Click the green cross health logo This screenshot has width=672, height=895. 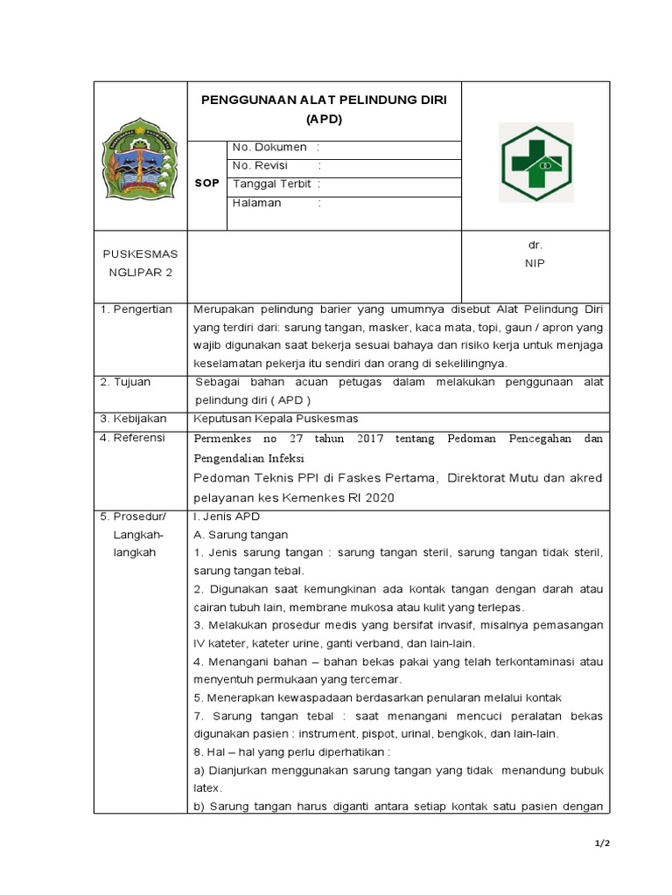[x=535, y=163]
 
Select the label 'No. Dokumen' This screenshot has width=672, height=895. [x=269, y=148]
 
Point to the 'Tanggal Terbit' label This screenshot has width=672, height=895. [x=272, y=184]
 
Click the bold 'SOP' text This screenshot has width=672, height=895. [x=206, y=184]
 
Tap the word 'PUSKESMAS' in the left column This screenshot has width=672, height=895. [x=140, y=253]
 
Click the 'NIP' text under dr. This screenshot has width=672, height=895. [x=535, y=262]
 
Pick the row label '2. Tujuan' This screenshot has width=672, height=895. [x=127, y=382]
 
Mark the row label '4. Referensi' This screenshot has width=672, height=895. [x=133, y=437]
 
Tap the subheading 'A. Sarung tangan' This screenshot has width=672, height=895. [x=241, y=535]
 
